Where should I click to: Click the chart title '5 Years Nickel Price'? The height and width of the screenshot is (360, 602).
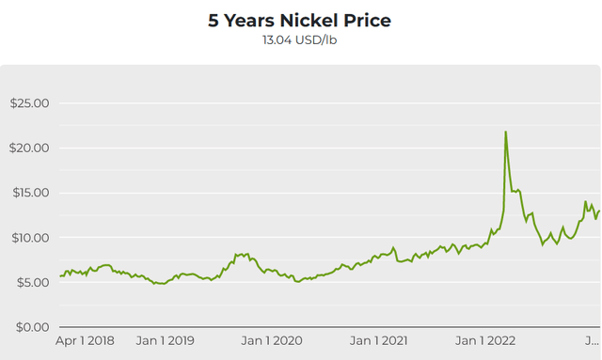(x=300, y=21)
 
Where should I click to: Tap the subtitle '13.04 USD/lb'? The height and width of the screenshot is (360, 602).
(x=300, y=40)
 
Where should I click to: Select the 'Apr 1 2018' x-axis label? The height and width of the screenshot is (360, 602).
(x=85, y=339)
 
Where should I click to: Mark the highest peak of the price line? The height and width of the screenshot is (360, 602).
(x=506, y=132)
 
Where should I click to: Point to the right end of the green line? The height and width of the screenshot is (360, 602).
(x=599, y=211)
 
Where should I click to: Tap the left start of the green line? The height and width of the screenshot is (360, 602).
(x=60, y=275)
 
